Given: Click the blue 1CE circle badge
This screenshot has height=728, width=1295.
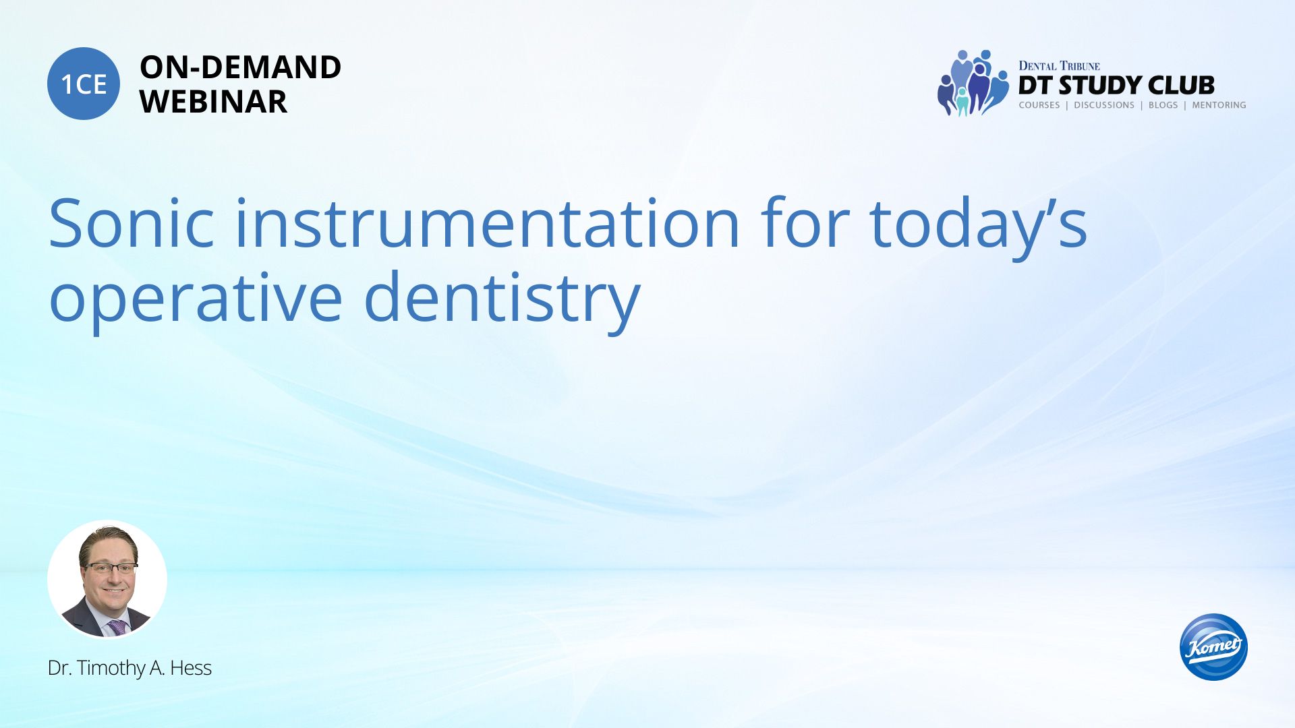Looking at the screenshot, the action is pyautogui.click(x=84, y=84).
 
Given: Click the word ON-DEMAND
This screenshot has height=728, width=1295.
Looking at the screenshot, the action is pyautogui.click(x=240, y=67).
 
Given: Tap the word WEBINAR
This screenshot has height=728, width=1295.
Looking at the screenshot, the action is pyautogui.click(x=213, y=101).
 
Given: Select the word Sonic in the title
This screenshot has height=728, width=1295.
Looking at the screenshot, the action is pyautogui.click(x=132, y=223).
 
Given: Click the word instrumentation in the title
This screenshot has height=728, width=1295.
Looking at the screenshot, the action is pyautogui.click(x=488, y=223).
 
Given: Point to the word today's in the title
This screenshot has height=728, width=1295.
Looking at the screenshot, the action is pyautogui.click(x=978, y=226).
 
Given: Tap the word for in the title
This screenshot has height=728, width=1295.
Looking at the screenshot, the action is pyautogui.click(x=805, y=222).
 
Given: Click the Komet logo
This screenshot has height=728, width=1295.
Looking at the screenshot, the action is pyautogui.click(x=1213, y=646).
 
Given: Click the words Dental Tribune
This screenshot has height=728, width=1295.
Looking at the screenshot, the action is pyautogui.click(x=1059, y=66).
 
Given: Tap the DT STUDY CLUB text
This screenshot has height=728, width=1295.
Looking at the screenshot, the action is pyautogui.click(x=1116, y=86).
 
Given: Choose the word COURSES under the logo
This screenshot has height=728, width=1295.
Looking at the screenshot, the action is pyautogui.click(x=1039, y=105).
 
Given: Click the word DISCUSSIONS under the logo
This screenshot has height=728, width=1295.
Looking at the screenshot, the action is pyautogui.click(x=1104, y=105).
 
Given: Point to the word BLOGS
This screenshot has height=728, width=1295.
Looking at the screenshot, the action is pyautogui.click(x=1163, y=105).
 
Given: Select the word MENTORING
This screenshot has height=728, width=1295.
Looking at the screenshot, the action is pyautogui.click(x=1219, y=105).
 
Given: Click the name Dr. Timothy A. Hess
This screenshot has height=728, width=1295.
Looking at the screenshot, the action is pyautogui.click(x=129, y=668).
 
